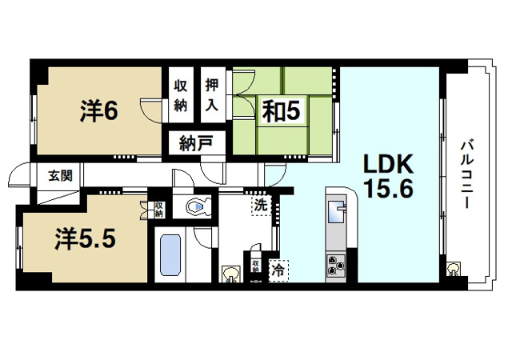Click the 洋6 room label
[x=99, y=111]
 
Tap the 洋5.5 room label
[x=86, y=239]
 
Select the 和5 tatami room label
[x=282, y=111]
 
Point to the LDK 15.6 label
[x=389, y=177]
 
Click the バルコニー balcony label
[x=467, y=174]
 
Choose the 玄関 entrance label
[x=61, y=176]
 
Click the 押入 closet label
[x=212, y=94]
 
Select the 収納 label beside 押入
[x=180, y=95]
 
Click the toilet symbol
[x=198, y=206]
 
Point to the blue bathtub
[x=170, y=255]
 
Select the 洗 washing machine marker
[x=261, y=206]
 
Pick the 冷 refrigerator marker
[x=278, y=270]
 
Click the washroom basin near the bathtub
[x=231, y=274]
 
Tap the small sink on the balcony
[x=454, y=269]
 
